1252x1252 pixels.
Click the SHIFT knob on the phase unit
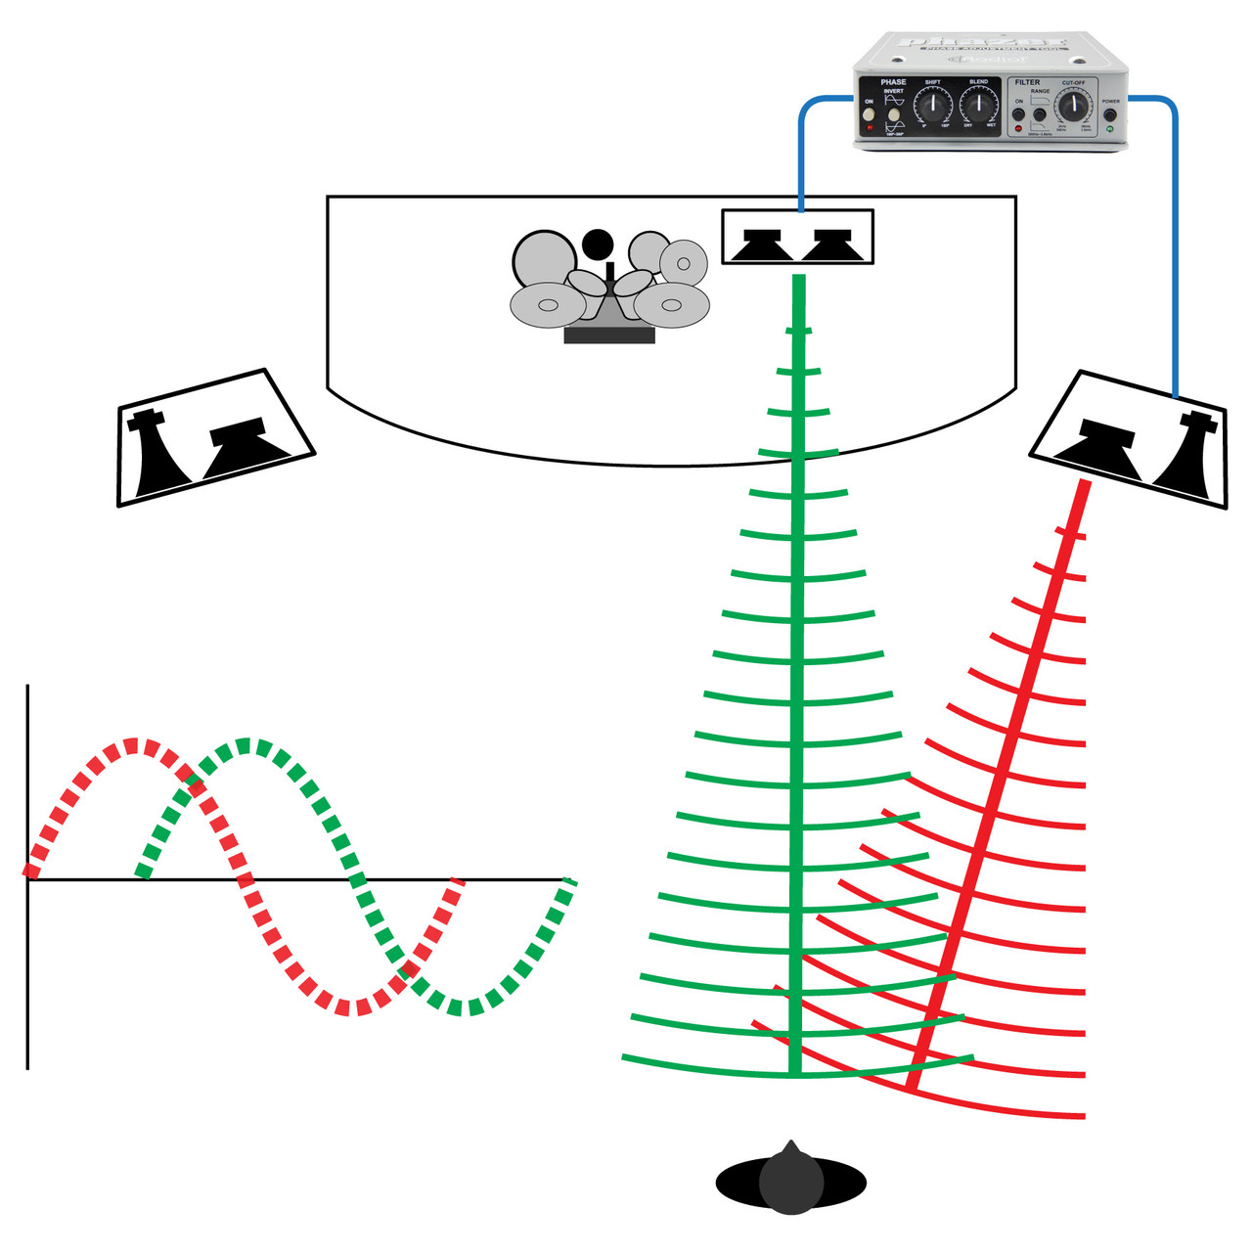coord(933,106)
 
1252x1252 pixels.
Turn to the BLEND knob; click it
coord(978,106)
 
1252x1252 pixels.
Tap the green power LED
coord(1110,129)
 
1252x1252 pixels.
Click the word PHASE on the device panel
coord(893,82)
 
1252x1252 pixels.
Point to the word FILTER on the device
coord(1027,82)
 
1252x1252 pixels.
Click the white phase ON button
coord(869,114)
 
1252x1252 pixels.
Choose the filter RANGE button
coord(1040,115)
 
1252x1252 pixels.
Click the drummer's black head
coord(597,243)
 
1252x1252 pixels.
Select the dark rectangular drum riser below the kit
coord(609,335)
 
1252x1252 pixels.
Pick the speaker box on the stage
coord(797,237)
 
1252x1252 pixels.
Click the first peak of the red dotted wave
coord(137,746)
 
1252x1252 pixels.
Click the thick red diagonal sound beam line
coord(998,782)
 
